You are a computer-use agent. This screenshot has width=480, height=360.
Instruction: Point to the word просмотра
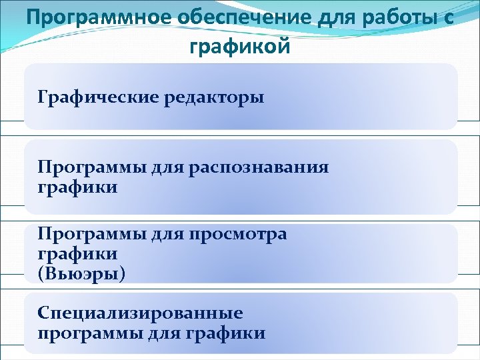[238, 234]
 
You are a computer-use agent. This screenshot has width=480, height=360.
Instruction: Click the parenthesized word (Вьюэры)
[81, 273]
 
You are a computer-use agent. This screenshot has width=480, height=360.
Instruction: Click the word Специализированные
[140, 313]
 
